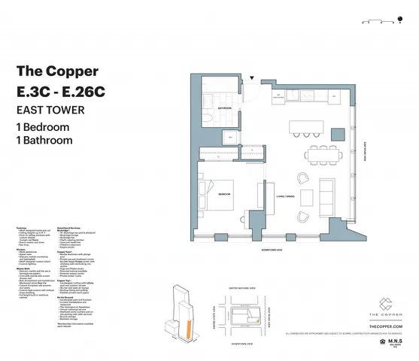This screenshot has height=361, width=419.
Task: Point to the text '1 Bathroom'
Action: (44, 140)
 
